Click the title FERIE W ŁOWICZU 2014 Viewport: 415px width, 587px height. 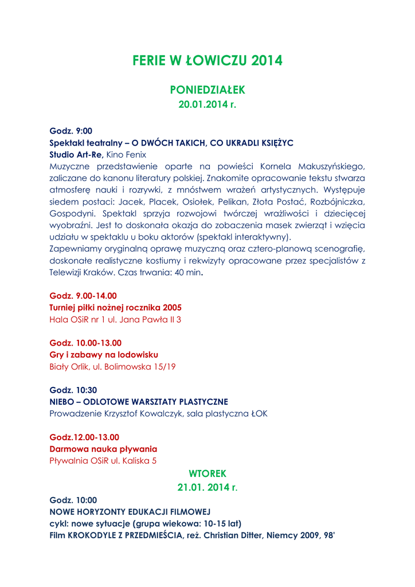pos(207,60)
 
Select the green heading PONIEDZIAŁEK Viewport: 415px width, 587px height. pos(207,90)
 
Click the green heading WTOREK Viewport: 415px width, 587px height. pos(207,473)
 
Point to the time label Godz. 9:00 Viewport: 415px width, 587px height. pos(71,131)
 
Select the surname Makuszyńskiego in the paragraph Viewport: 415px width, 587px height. pos(324,166)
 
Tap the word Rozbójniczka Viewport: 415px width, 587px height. pos(336,202)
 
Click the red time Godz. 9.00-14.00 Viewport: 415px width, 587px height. pos(83,296)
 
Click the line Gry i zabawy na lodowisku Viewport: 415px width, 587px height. pos(104,355)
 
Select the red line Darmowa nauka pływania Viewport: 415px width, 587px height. pos(104,449)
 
